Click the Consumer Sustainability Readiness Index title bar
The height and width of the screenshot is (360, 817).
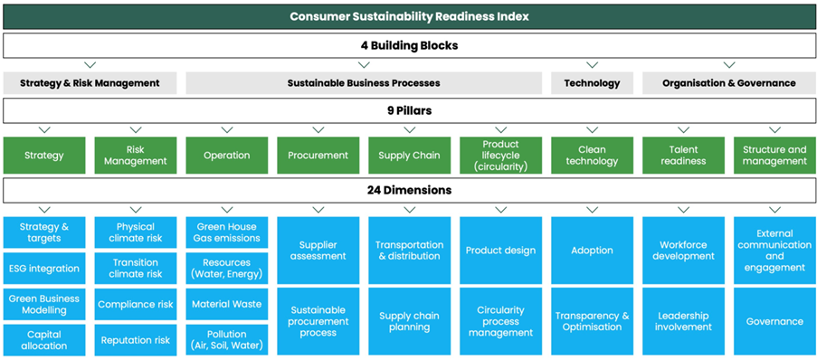click(x=409, y=16)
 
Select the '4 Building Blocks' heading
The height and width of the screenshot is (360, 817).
click(x=409, y=46)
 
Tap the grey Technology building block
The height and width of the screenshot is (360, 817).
click(x=592, y=83)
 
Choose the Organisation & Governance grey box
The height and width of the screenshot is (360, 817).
click(x=728, y=83)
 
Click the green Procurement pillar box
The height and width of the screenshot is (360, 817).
click(x=318, y=156)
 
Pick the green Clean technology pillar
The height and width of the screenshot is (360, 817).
click(x=592, y=156)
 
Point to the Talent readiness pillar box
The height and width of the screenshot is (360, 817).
click(x=683, y=156)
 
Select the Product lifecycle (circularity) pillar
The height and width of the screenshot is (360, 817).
click(x=500, y=156)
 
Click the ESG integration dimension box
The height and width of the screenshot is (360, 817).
click(x=44, y=269)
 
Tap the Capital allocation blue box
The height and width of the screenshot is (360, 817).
click(x=44, y=340)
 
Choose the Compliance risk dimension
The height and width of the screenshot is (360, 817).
click(x=136, y=304)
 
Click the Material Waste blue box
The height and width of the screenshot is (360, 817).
click(x=227, y=304)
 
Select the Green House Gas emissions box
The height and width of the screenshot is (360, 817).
click(x=227, y=232)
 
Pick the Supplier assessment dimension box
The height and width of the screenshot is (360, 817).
click(x=318, y=250)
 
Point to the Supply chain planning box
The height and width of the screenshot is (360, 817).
click(x=410, y=321)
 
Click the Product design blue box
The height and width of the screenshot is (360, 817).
click(x=500, y=250)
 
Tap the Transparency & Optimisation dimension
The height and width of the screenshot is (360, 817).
click(x=592, y=321)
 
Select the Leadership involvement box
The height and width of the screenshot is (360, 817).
click(x=683, y=321)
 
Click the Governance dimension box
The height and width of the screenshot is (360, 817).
click(x=774, y=321)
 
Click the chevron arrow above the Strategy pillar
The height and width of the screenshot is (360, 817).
click(x=44, y=129)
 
